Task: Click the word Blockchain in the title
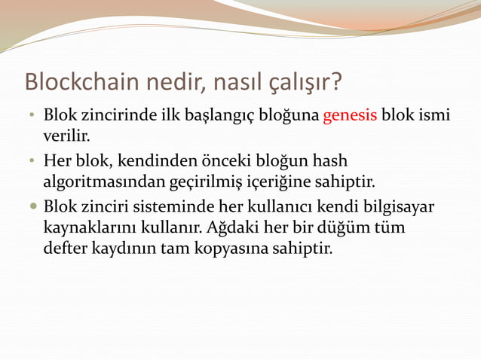80,81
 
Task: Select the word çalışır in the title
306,81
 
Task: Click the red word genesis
350,117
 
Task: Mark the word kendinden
149,160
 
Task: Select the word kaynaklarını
84,226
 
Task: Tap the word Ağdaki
231,226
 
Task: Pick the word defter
64,247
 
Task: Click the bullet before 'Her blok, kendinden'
33,161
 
